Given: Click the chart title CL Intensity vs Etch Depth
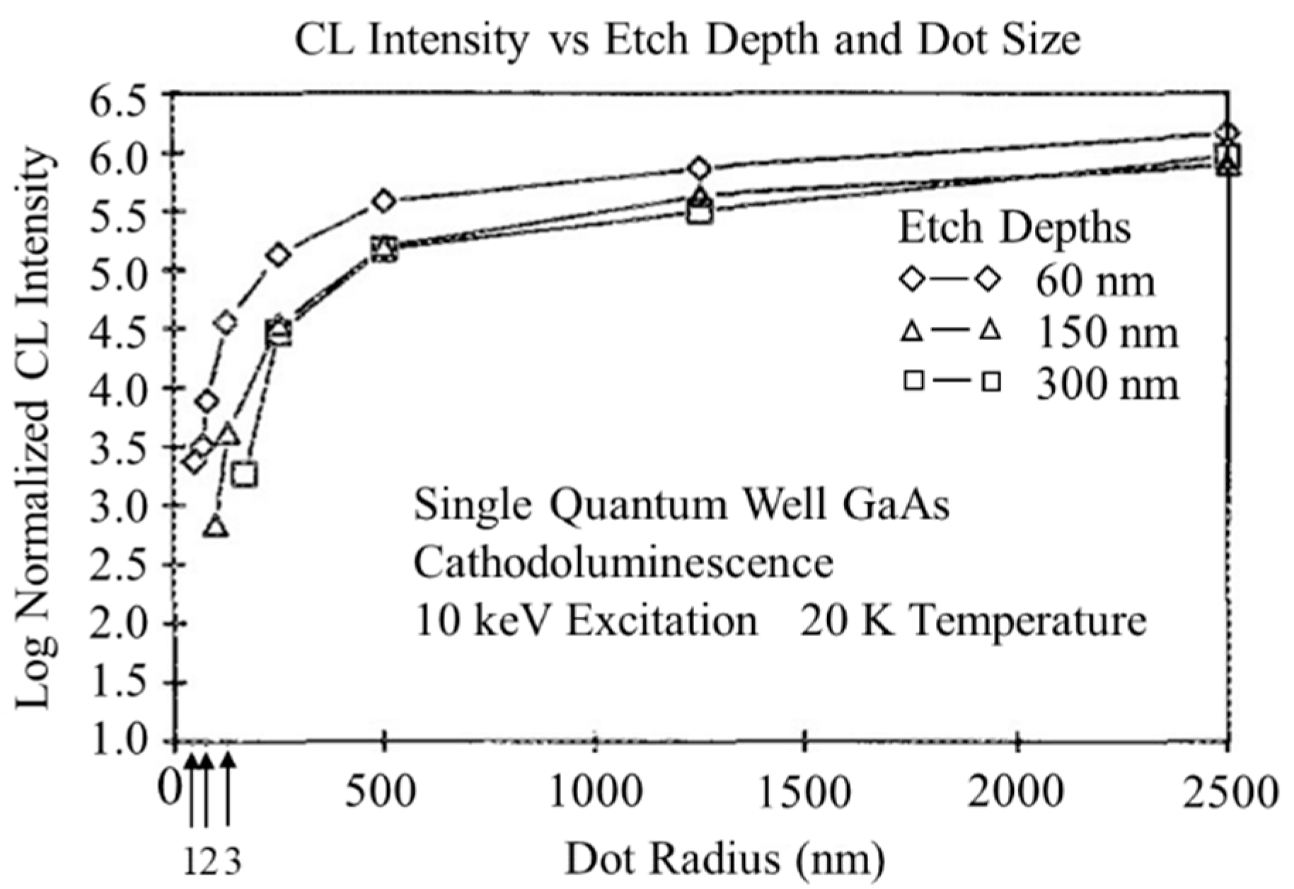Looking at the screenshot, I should tap(686, 40).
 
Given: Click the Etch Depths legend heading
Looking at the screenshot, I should tap(1015, 228).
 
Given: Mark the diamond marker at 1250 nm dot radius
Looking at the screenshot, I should tap(699, 168).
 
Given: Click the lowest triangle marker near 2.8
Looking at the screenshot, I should tap(216, 527).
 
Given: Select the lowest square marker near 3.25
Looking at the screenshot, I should tap(245, 474).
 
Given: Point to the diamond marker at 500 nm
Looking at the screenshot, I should tap(383, 201).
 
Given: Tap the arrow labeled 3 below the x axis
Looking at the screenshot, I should tap(228, 789).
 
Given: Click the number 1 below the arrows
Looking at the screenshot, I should tap(191, 862).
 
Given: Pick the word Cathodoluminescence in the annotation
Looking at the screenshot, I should tap(623, 564).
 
